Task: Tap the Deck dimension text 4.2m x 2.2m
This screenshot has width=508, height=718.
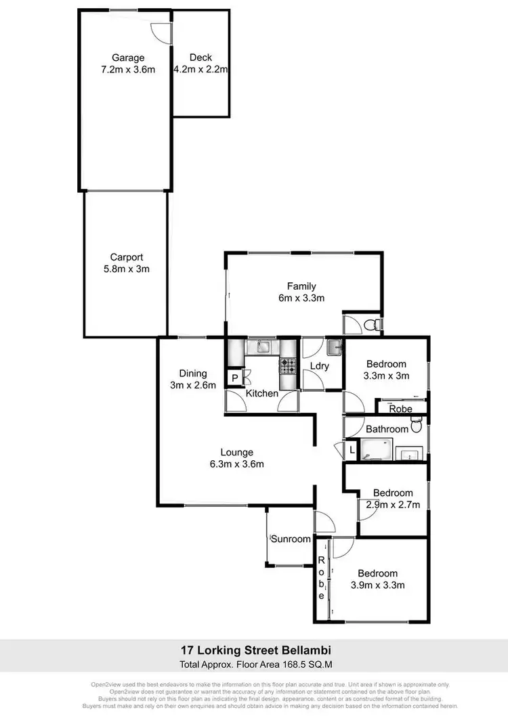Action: click(x=200, y=69)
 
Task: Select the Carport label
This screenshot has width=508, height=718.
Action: click(x=127, y=257)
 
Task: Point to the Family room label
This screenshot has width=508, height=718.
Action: click(x=301, y=286)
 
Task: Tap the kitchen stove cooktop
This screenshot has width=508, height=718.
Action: click(x=288, y=367)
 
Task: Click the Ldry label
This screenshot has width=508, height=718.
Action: click(x=319, y=366)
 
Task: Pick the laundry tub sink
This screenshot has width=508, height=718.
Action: click(x=335, y=348)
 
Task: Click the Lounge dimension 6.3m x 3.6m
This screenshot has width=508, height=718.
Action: click(x=236, y=464)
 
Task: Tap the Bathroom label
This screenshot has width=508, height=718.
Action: click(x=387, y=429)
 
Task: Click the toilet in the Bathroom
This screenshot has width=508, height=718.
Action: click(x=417, y=426)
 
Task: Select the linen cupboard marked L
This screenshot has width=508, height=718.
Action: click(x=352, y=451)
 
